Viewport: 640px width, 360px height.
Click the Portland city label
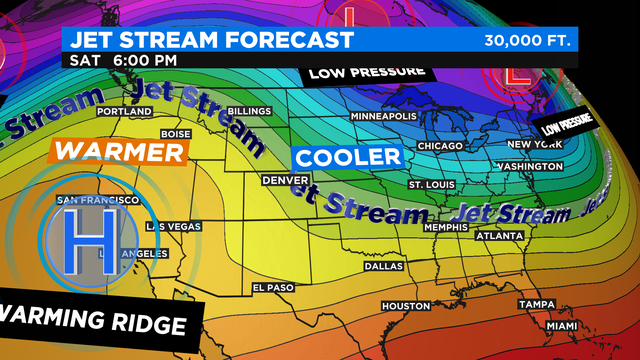126,110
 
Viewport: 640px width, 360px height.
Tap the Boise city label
175,134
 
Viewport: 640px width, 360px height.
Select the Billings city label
249,111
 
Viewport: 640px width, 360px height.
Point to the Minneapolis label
383,116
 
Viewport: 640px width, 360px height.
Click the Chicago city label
441,146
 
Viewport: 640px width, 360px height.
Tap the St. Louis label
431,186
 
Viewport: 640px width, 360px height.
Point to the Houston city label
405,305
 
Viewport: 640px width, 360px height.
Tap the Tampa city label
536,304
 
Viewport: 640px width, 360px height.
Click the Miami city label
562,327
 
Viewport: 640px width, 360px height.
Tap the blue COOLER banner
347,157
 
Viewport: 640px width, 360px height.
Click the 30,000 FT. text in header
527,41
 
